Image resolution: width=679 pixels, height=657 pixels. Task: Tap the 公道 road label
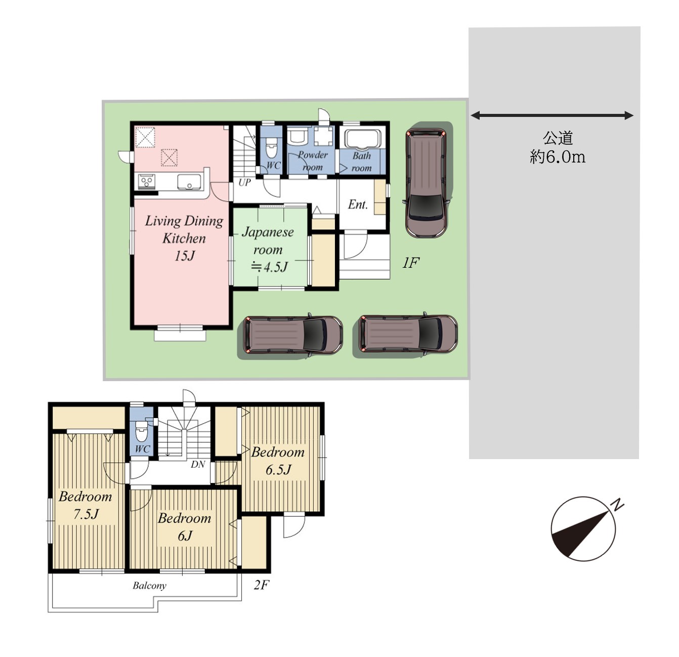coord(557,139)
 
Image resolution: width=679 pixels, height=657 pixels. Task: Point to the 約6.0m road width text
coord(557,157)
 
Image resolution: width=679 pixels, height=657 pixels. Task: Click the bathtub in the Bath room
coord(362,139)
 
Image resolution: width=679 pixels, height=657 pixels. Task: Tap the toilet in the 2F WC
coord(141,431)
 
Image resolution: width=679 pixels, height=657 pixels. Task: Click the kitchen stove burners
coord(147,181)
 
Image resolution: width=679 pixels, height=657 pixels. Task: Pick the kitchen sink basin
coord(189,182)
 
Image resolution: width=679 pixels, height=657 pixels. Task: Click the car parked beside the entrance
coord(427,183)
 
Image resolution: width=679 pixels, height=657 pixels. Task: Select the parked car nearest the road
coord(407,335)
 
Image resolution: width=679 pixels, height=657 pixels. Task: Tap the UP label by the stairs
coord(244,182)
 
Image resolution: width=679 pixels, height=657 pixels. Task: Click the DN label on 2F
coord(198,464)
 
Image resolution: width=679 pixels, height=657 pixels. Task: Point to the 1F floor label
coord(410,263)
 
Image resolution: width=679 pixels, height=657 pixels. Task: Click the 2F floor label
coord(262,585)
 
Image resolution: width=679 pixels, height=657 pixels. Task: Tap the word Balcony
coord(149,586)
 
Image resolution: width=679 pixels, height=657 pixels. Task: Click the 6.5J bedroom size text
coord(278,470)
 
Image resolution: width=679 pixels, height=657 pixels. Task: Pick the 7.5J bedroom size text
coord(86,514)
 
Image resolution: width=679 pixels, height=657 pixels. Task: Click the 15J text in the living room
coord(185,256)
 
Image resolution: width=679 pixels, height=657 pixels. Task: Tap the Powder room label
coord(312,161)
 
